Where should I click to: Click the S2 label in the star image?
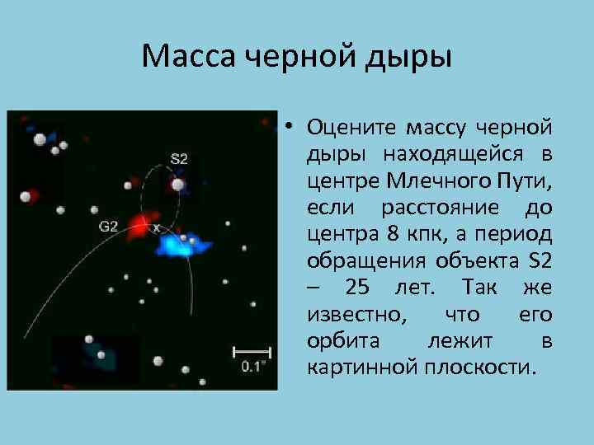point(179,157)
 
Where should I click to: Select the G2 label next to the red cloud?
point(109,226)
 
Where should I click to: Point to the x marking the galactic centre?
point(157,227)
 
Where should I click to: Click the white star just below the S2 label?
point(177,185)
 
